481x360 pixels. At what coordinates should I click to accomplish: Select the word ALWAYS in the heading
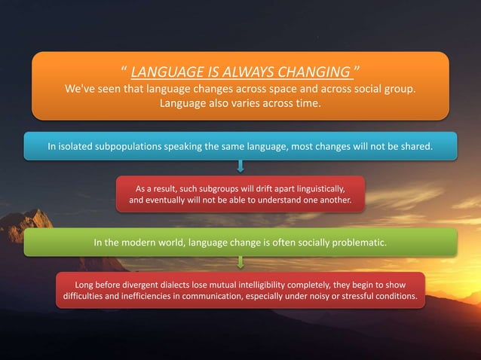point(237,73)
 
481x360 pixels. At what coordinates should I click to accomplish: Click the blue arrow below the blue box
point(240,165)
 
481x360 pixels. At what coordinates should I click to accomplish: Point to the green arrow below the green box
point(240,261)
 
